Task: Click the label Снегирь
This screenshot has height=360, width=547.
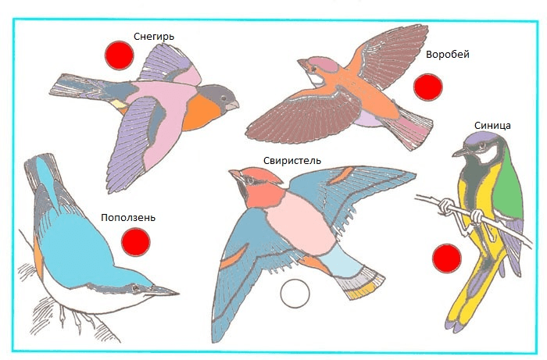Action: pos(154,37)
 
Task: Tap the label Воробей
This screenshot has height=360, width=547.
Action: pos(448,55)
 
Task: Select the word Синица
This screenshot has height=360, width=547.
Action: pos(492,126)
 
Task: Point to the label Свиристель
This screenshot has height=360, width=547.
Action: pos(292,161)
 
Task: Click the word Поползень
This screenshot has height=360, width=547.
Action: pos(128,217)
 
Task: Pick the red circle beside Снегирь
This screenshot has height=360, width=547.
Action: pos(120,55)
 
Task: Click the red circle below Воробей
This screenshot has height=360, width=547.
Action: pos(428,87)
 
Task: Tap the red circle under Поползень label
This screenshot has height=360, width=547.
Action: pos(136,242)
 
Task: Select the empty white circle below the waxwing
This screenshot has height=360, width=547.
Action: pos(295,294)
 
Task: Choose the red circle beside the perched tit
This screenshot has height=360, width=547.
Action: pos(447,258)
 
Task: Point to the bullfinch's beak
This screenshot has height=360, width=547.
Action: pos(232,105)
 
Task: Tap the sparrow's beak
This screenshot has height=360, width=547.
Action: pos(303,64)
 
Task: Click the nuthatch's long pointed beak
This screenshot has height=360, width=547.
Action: pos(164,291)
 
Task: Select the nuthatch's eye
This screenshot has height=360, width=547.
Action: pos(135,288)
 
